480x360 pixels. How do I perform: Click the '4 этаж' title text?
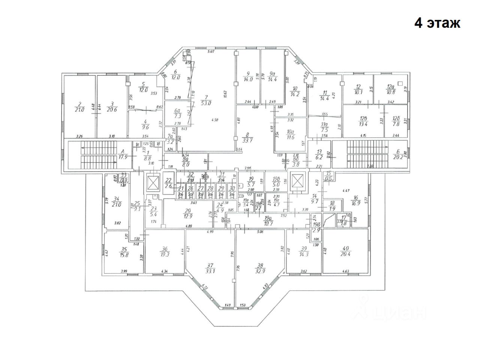point(437,23)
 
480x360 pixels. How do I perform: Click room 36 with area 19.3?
point(164,251)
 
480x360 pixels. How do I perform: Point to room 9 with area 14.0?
point(248,77)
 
